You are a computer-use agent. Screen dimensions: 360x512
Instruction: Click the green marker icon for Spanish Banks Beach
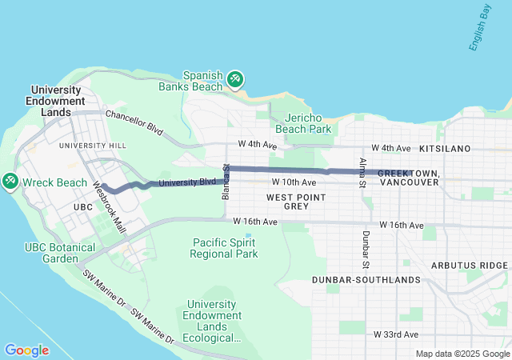click(x=235, y=78)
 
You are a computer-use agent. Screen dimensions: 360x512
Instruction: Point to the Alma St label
click(x=362, y=172)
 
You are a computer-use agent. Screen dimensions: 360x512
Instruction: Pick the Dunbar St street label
click(x=366, y=250)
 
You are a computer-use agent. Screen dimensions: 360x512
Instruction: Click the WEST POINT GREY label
click(x=287, y=201)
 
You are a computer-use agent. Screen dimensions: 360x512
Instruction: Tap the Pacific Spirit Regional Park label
click(x=225, y=248)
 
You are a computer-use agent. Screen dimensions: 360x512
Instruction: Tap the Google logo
click(x=26, y=350)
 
